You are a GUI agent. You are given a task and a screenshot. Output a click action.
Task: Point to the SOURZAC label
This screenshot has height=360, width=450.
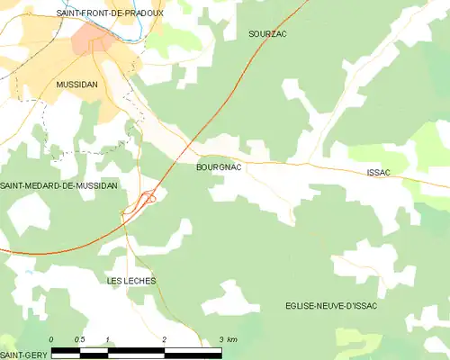268,33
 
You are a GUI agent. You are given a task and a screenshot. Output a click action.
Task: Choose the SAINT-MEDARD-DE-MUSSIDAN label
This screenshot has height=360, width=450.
59,185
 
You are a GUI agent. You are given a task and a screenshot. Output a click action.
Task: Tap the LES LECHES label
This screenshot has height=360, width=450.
131,282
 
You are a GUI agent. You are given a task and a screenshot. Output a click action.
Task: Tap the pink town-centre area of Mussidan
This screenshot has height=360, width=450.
93,40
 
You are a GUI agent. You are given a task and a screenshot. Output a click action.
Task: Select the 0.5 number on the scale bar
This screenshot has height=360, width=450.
79,338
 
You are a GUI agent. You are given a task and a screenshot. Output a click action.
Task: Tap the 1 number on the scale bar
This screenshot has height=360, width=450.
108,338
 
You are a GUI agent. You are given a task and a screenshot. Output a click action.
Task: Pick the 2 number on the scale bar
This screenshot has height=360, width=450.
165,338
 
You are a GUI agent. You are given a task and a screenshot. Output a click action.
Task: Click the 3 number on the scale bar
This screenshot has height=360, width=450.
220,338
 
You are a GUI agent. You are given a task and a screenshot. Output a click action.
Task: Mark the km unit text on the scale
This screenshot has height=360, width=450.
232,338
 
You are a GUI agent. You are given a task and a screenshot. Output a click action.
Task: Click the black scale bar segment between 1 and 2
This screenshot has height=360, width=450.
136,348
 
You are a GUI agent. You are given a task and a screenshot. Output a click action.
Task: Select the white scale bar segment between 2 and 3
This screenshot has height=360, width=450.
193,348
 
